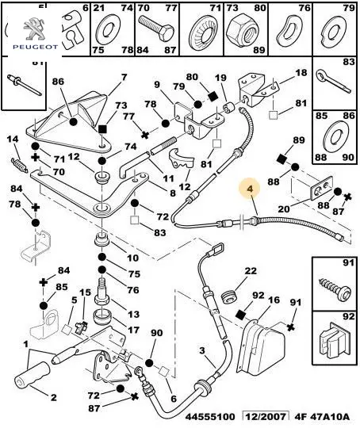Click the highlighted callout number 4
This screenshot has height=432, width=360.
tap(250, 189)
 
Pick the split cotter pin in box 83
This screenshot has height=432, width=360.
tap(334, 82)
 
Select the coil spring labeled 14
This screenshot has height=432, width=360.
tap(19, 165)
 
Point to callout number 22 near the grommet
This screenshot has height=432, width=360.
tap(251, 271)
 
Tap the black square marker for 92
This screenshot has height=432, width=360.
tap(240, 315)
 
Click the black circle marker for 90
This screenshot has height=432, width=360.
tap(149, 362)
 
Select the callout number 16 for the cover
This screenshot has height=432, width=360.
tap(274, 300)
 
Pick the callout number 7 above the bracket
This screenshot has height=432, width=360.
tap(124, 78)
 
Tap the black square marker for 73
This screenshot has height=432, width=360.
tap(102, 128)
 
